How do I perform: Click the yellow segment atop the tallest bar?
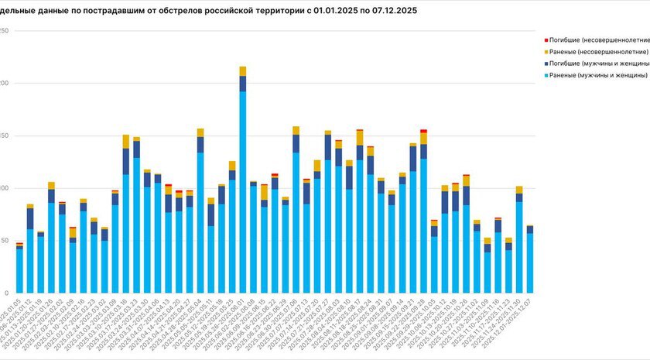tap(243, 71)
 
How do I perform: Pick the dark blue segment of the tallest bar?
tap(243, 84)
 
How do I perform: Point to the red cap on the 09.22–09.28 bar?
tap(423, 131)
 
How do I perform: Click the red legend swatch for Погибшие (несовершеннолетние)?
tap(546, 39)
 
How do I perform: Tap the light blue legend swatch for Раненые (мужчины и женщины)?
tap(546, 75)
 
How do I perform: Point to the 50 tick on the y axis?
tap(4, 241)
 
